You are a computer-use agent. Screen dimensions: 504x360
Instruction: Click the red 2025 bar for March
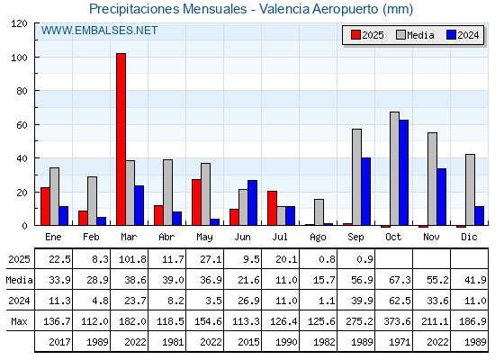(x=121, y=139)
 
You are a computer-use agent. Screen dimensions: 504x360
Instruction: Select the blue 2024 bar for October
(x=404, y=173)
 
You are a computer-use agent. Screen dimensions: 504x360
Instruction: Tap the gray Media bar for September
(x=356, y=177)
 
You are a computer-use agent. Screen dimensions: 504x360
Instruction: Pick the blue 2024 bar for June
(x=252, y=202)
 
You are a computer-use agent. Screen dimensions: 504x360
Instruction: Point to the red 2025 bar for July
(x=272, y=208)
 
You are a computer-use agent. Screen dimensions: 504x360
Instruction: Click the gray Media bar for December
(x=470, y=190)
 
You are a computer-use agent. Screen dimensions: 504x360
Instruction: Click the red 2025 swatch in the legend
(x=355, y=35)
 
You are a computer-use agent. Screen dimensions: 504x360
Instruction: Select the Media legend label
(x=420, y=35)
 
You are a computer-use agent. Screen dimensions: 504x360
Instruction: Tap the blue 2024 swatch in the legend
(x=451, y=35)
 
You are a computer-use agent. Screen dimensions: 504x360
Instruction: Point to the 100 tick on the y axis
(x=36, y=57)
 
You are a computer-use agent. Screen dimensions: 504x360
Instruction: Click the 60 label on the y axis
(x=22, y=125)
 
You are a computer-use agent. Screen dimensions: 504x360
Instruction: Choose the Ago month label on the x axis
(x=318, y=238)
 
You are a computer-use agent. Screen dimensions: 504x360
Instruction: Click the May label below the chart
(x=204, y=238)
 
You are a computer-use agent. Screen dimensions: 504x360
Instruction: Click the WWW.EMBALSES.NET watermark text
(x=99, y=31)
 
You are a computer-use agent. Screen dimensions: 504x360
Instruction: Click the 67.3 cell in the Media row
(x=400, y=280)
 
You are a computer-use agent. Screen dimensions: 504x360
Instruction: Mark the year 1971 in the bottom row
(x=400, y=342)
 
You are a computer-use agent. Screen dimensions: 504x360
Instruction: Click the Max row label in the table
(x=19, y=321)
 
